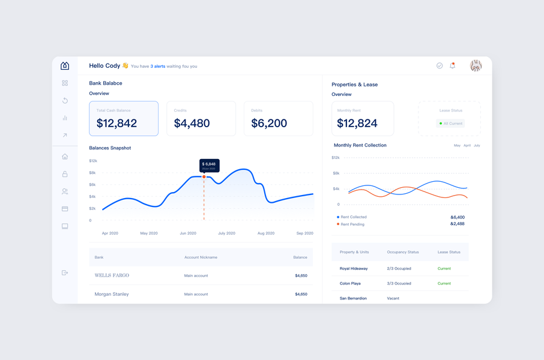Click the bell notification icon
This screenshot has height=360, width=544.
tap(453, 65)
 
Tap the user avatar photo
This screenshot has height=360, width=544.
tap(476, 66)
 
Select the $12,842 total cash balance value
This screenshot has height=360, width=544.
tap(117, 123)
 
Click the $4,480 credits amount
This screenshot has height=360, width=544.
tap(192, 123)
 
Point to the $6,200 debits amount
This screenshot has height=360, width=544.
tap(269, 123)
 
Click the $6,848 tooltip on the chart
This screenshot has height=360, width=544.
tap(209, 165)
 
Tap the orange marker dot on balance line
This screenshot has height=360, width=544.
tap(204, 177)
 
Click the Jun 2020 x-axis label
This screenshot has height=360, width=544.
tap(188, 233)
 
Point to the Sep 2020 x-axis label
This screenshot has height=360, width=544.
tap(304, 233)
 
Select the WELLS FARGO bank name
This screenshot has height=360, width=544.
tap(112, 275)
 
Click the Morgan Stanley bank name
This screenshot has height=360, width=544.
tap(112, 294)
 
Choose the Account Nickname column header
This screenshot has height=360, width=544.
tap(201, 257)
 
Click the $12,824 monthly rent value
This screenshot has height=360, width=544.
tap(357, 123)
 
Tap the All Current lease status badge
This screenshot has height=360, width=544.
tap(450, 124)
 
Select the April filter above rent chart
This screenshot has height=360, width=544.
tap(467, 145)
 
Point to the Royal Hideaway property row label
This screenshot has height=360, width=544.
tap(354, 269)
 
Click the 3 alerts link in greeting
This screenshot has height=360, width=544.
tap(158, 67)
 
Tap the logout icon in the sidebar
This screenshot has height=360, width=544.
tap(65, 273)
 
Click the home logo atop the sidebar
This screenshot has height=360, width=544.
tap(65, 65)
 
